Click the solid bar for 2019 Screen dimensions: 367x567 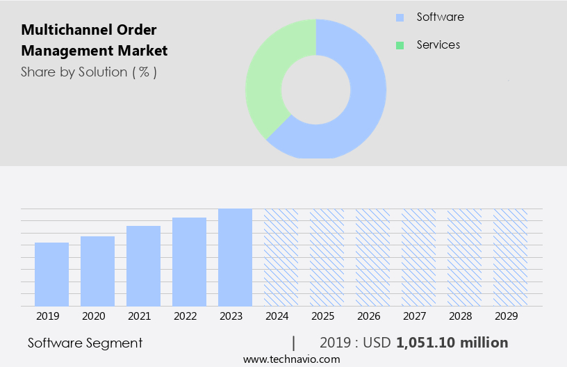tap(51, 275)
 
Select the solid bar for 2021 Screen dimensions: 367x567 tap(143, 266)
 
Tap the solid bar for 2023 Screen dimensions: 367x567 tap(235, 257)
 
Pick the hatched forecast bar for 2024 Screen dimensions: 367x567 tap(281, 257)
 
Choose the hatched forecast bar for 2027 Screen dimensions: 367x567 tap(418, 257)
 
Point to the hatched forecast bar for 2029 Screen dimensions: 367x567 tap(510, 257)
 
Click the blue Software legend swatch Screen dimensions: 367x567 tap(400, 17)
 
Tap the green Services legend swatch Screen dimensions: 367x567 tap(400, 45)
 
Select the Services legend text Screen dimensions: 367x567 tap(438, 45)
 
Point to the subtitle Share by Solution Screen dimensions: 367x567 tap(89, 72)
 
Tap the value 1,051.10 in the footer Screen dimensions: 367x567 tap(427, 343)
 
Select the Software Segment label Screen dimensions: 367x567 tap(85, 343)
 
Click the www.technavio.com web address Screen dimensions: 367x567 tap(292, 359)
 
